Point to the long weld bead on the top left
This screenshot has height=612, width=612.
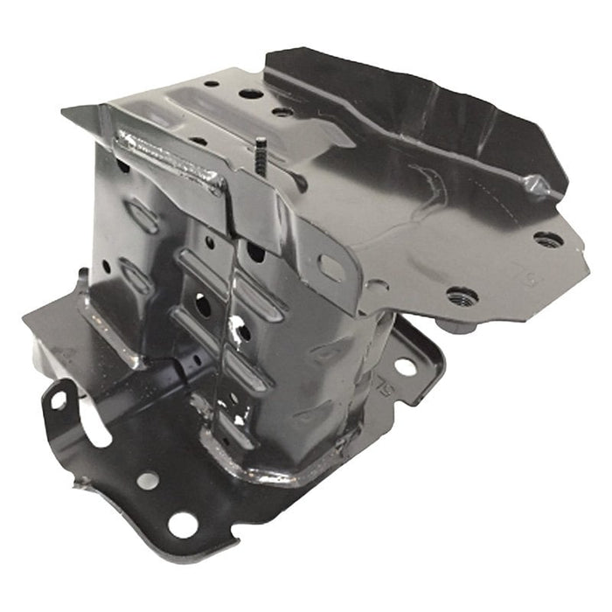pos(170,157)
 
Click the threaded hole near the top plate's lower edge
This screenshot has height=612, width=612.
pos(462,296)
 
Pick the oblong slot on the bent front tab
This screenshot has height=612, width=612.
pos(330,266)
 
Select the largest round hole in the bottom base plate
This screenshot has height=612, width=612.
pos(183,525)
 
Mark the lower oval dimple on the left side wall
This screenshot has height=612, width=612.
pos(136,275)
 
